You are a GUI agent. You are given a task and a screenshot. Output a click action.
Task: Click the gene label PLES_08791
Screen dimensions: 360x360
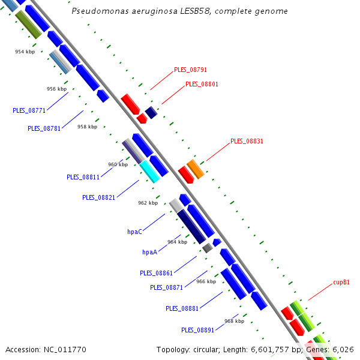pos(190,70)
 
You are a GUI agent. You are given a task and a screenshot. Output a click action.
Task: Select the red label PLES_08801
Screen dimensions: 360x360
pos(202,84)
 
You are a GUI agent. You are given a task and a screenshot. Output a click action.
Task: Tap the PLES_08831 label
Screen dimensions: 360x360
pos(247,141)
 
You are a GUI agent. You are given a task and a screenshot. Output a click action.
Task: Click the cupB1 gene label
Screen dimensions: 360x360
pos(341,282)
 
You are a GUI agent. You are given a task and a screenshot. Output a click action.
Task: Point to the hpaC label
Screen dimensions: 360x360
pos(134,232)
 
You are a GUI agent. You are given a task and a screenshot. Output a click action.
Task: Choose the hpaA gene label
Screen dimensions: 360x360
pos(149,252)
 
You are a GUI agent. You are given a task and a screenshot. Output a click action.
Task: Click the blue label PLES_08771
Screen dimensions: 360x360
pos(29,110)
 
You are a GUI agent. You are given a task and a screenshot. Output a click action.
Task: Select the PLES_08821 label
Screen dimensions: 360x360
pos(98,197)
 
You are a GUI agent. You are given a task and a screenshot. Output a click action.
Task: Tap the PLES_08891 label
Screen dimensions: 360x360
pos(197,330)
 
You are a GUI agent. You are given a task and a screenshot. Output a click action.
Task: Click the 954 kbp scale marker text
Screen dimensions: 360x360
pos(25,52)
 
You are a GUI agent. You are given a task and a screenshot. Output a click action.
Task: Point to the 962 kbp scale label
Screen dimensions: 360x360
pos(148,203)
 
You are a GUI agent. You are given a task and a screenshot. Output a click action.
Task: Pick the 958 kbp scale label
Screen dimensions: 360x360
pos(87,127)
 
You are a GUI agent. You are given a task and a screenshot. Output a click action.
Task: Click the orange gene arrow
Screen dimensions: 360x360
pos(196,169)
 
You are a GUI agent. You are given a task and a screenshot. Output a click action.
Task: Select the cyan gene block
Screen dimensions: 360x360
pos(149,172)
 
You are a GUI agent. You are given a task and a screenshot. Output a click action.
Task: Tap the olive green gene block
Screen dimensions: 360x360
pos(28,25)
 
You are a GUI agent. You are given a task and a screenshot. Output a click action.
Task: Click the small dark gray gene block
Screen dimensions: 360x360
pos(208,248)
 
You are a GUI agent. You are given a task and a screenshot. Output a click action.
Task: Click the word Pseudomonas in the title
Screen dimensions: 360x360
pos(100,11)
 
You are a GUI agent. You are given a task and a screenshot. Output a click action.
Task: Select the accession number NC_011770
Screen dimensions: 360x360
pos(65,350)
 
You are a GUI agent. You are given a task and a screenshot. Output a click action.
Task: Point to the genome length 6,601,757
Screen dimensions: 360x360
pos(270,350)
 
